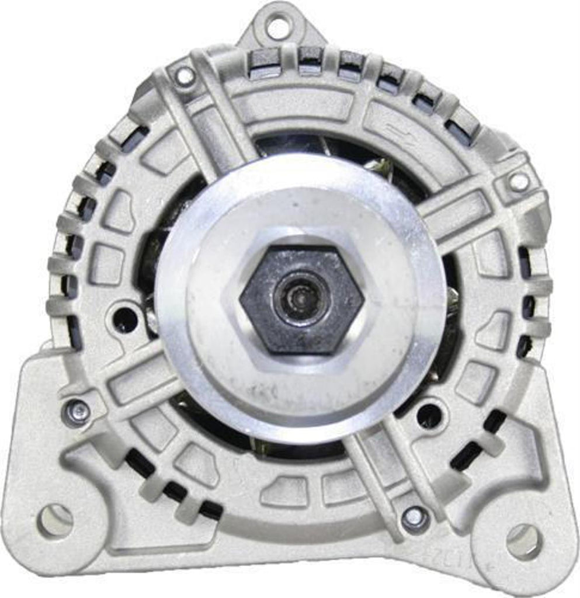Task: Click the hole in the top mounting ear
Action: (277, 26)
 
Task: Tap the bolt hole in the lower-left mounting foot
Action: (55, 519)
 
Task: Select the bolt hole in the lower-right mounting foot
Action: (523, 541)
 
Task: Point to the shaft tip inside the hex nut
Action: (299, 299)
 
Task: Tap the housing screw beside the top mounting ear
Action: (185, 75)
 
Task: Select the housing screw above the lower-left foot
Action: (77, 412)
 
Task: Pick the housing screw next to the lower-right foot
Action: (415, 516)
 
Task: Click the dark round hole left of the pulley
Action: (125, 319)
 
